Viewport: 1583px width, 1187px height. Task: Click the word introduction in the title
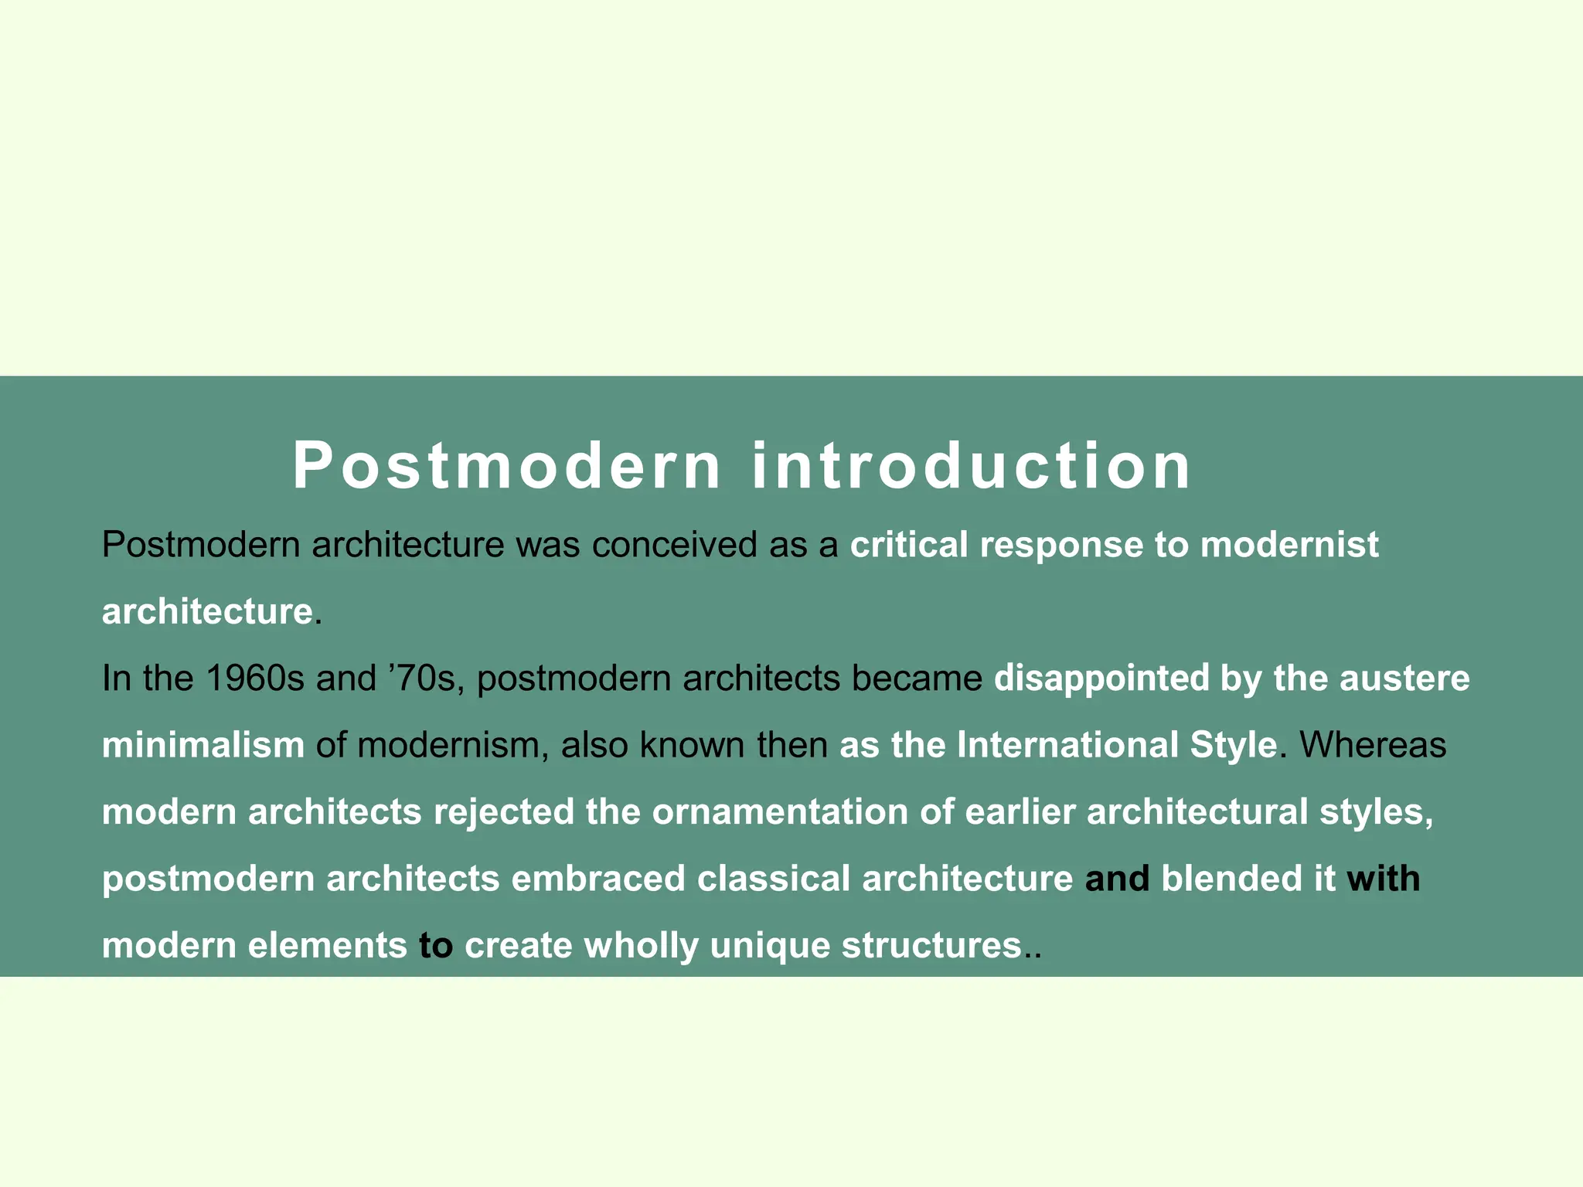(x=972, y=466)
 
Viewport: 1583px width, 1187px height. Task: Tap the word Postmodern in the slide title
(x=506, y=466)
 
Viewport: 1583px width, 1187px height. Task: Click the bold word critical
(x=909, y=545)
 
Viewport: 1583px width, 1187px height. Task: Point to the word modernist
(x=1289, y=545)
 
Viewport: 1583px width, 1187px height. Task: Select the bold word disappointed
(x=1101, y=679)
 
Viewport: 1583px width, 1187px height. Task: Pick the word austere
(x=1404, y=679)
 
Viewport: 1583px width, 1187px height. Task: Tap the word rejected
(x=504, y=812)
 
